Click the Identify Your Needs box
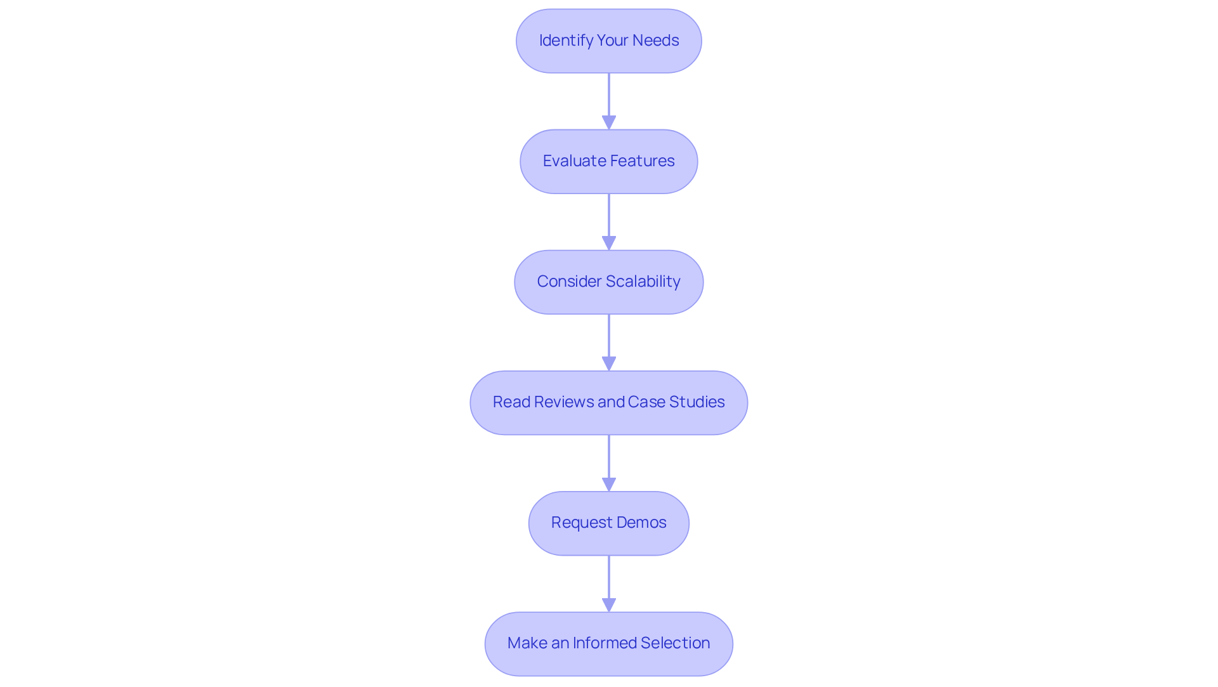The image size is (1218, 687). coord(608,41)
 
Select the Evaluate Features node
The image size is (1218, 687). coord(608,161)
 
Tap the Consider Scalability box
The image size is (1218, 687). coord(608,282)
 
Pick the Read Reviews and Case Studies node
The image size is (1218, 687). coord(608,402)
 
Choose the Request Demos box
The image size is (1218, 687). coord(608,523)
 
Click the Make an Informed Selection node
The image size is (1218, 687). coord(608,643)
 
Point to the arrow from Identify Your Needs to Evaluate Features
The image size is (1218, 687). coord(608,100)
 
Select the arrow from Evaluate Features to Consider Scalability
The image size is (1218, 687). coord(608,221)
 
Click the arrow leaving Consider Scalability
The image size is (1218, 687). coord(608,341)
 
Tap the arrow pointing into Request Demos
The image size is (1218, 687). coord(608,462)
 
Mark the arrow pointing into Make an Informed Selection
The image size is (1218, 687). coord(608,582)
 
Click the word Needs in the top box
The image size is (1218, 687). coord(655,41)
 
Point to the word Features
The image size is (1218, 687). coord(643,161)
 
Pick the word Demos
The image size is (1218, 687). coord(641,523)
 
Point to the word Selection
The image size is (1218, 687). coord(675,643)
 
